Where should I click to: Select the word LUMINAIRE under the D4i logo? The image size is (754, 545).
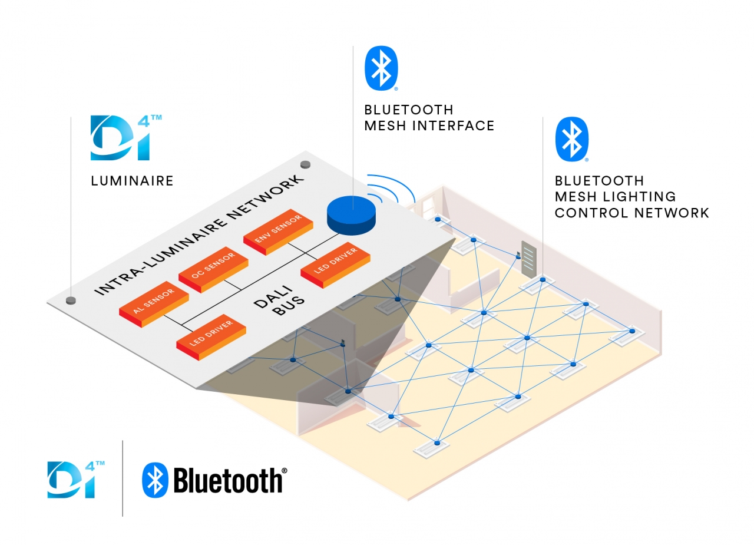132,181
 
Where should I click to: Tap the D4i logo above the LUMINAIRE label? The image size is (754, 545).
124,138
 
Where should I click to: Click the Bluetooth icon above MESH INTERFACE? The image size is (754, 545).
382,68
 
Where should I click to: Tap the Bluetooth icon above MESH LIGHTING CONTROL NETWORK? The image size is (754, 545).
572,139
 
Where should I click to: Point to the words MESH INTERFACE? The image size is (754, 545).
429,125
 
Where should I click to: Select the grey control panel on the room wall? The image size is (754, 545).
529,260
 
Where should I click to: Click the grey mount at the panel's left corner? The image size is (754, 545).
71,300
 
